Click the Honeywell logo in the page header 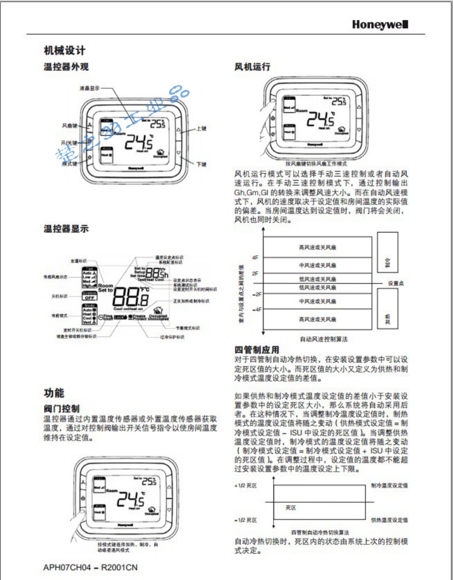click(x=380, y=24)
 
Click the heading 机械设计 click(x=65, y=50)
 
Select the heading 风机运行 click(x=252, y=67)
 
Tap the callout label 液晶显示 click(x=89, y=88)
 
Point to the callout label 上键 click(x=201, y=128)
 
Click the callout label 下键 click(x=201, y=164)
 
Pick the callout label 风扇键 click(x=69, y=126)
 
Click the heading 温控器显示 click(x=66, y=229)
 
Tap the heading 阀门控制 click(x=62, y=409)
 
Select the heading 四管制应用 click(x=257, y=350)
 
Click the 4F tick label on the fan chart click(x=255, y=258)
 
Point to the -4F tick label click(x=257, y=310)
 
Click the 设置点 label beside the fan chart click(x=396, y=283)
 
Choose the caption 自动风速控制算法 click(x=323, y=339)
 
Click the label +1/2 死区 click(x=246, y=486)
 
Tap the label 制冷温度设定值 click(x=389, y=485)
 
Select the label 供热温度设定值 click(x=389, y=520)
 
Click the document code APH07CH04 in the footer click(x=67, y=568)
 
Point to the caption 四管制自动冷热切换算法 click(x=320, y=532)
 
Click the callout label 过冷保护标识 click(x=172, y=337)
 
